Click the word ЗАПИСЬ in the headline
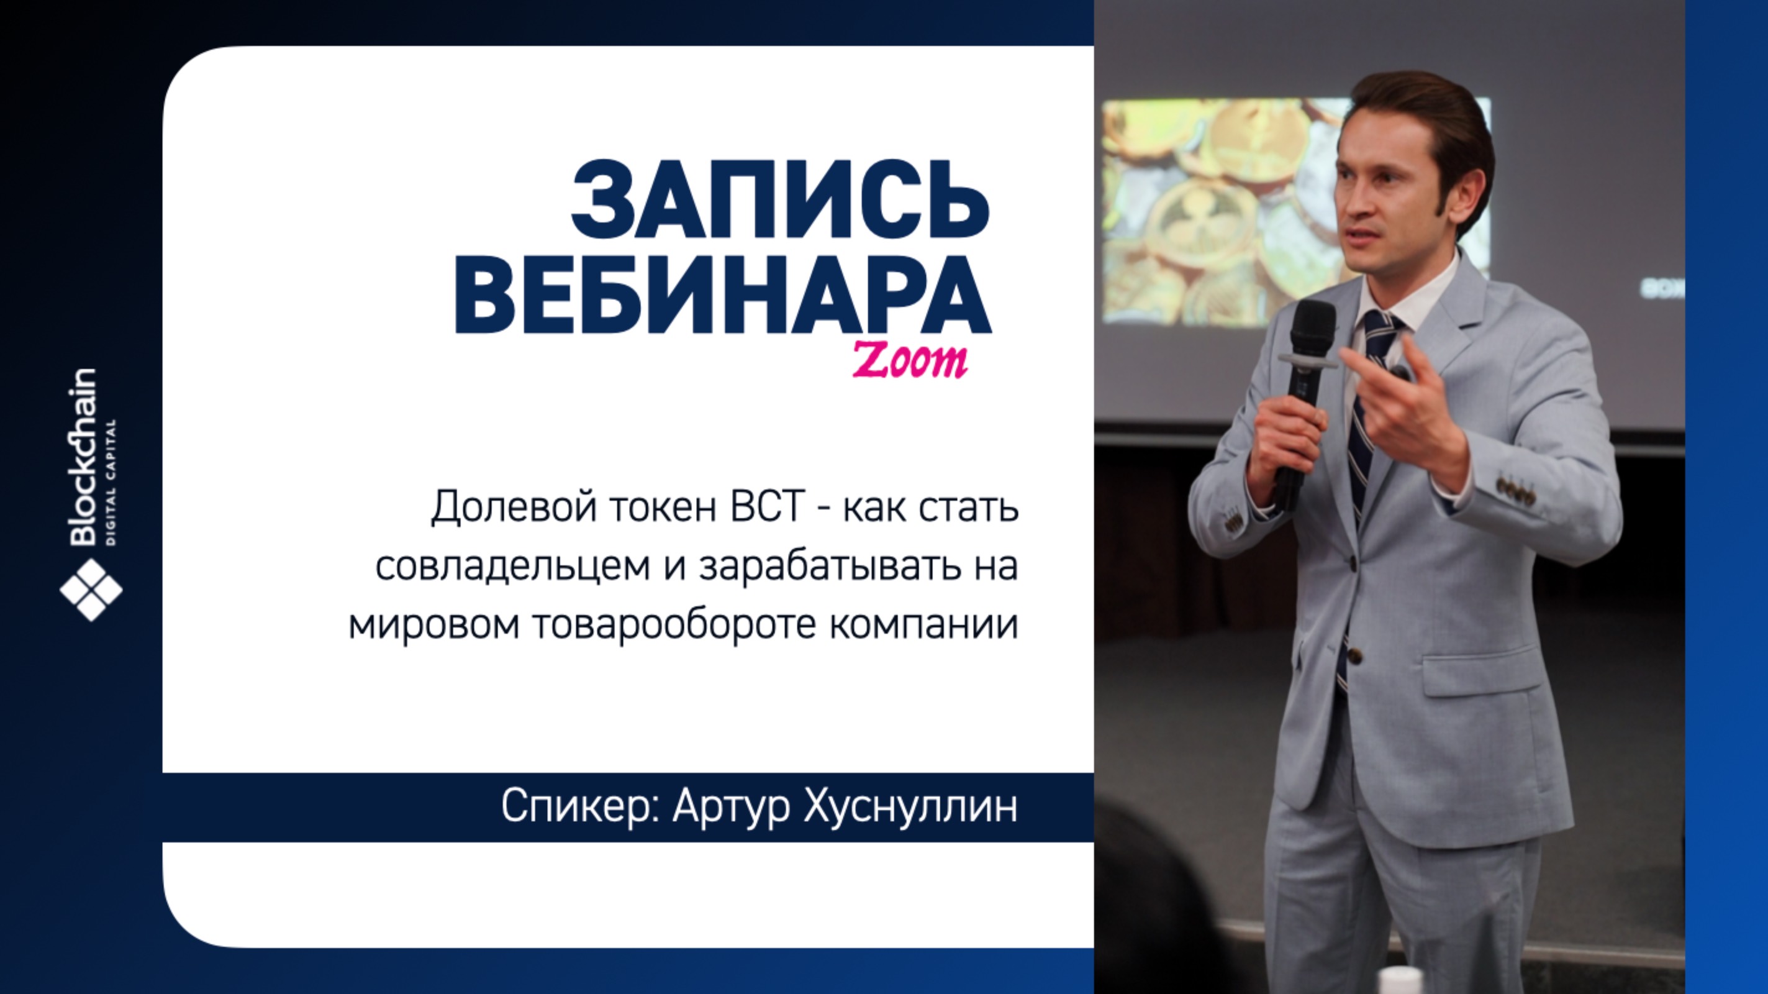pyautogui.click(x=781, y=198)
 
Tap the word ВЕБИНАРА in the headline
pyautogui.click(x=723, y=296)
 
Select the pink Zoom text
pyautogui.click(x=910, y=360)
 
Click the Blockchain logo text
pyautogui.click(x=83, y=457)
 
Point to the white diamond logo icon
pyautogui.click(x=91, y=590)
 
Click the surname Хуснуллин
pyautogui.click(x=911, y=807)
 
